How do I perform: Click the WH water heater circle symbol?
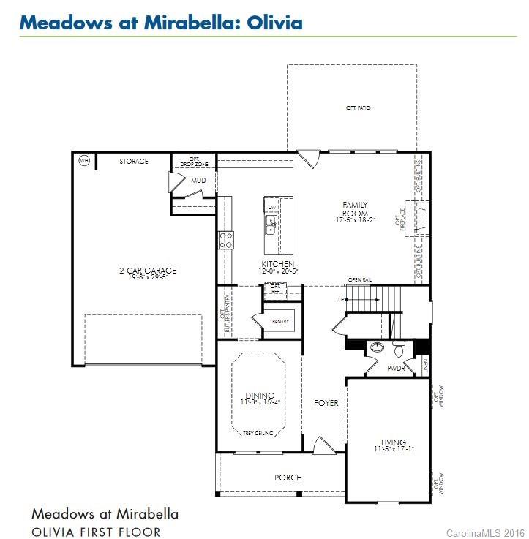pyautogui.click(x=83, y=161)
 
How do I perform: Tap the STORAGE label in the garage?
pyautogui.click(x=134, y=162)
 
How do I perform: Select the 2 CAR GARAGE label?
pyautogui.click(x=148, y=271)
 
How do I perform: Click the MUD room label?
pyautogui.click(x=198, y=180)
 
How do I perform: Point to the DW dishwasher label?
pyautogui.click(x=271, y=208)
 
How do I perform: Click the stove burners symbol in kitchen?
pyautogui.click(x=226, y=240)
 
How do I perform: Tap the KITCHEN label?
pyautogui.click(x=278, y=264)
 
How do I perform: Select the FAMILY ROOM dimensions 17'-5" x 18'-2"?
pyautogui.click(x=356, y=220)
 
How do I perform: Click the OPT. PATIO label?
pyautogui.click(x=359, y=108)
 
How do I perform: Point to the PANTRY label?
pyautogui.click(x=280, y=322)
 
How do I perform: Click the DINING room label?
pyautogui.click(x=260, y=396)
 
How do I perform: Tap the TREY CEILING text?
pyautogui.click(x=258, y=434)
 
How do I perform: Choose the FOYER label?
pyautogui.click(x=326, y=403)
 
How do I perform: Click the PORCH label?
pyautogui.click(x=288, y=478)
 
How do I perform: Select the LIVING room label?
pyautogui.click(x=393, y=442)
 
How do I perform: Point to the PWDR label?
pyautogui.click(x=396, y=369)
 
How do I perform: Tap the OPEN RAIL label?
pyautogui.click(x=361, y=280)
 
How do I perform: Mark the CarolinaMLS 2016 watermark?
pyautogui.click(x=486, y=532)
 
